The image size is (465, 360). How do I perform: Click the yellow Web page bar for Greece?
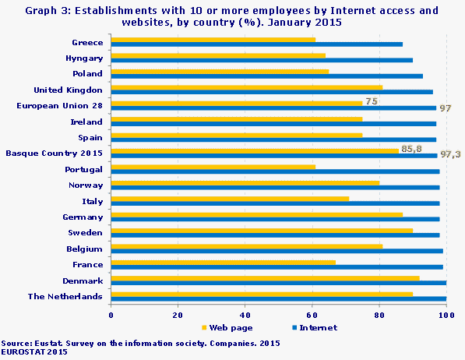[213, 39]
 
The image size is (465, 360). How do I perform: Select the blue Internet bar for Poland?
[267, 76]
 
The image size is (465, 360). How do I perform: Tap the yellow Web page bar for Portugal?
[213, 166]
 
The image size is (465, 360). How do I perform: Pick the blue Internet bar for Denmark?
[279, 281]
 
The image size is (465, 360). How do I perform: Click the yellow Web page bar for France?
[224, 262]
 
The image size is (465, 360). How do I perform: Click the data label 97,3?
[451, 155]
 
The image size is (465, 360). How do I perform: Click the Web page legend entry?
[227, 328]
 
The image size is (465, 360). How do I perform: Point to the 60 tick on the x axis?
[312, 314]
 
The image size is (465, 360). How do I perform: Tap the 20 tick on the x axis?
[178, 314]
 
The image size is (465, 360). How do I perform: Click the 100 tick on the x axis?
[446, 314]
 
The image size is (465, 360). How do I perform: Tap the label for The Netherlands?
[65, 296]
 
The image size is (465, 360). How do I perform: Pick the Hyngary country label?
[84, 58]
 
